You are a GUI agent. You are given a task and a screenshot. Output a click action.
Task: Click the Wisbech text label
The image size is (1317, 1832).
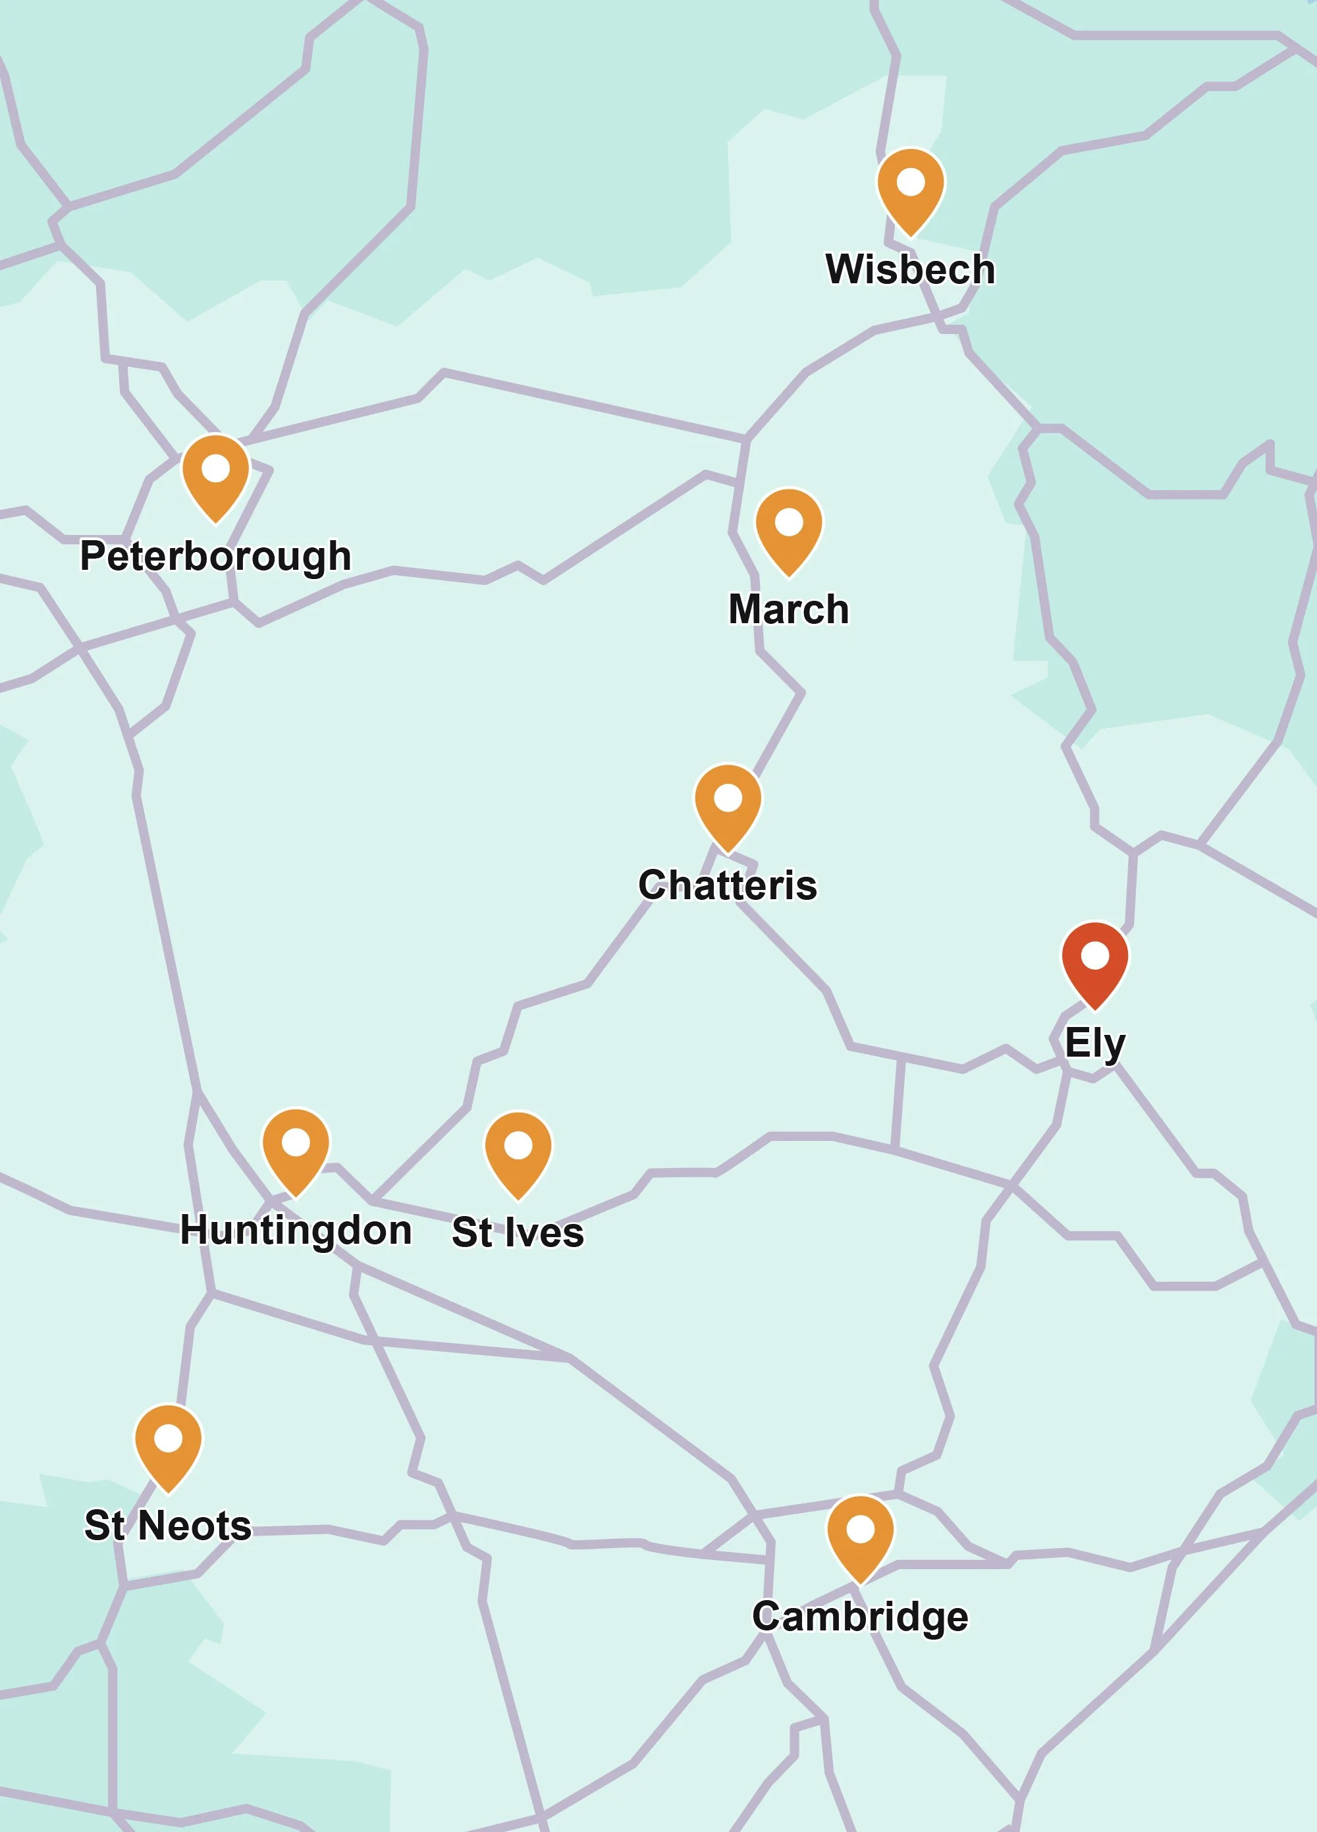(x=910, y=269)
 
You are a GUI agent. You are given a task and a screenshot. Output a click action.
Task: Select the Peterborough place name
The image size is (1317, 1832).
(x=215, y=557)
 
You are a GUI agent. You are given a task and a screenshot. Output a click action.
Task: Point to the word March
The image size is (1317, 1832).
(x=789, y=609)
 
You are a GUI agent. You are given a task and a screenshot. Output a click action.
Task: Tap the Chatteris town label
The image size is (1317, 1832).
(x=728, y=885)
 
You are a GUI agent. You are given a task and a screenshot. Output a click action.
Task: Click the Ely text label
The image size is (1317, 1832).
(x=1094, y=1043)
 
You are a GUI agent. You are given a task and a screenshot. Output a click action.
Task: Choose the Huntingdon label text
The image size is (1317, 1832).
(x=296, y=1230)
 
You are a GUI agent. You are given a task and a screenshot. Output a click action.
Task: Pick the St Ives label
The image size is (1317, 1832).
(x=518, y=1233)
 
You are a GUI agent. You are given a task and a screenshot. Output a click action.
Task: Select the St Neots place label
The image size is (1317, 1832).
(x=168, y=1525)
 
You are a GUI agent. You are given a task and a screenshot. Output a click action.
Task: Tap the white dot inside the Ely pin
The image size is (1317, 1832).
(x=1094, y=956)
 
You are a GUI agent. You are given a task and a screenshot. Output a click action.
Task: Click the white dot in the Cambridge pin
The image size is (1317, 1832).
(x=860, y=1529)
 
